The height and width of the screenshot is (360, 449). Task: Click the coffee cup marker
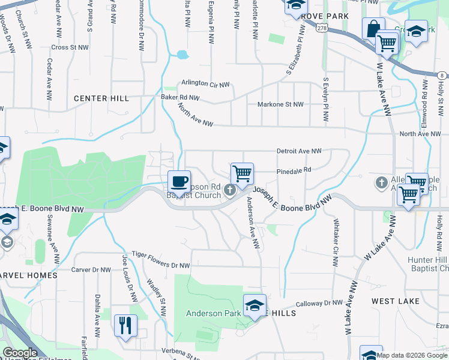pos(179,181)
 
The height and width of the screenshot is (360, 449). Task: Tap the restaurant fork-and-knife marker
pos(125,326)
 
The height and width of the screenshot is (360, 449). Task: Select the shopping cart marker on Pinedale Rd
pos(242,174)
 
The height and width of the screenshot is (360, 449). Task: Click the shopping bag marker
pos(373,28)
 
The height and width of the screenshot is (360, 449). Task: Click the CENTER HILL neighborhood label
pos(101,98)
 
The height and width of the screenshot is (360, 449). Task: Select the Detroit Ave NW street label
pos(299,151)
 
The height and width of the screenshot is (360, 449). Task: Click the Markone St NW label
pos(280,104)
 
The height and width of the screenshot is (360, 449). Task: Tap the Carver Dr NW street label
pos(89,271)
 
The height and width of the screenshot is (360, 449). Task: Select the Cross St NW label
pos(70,47)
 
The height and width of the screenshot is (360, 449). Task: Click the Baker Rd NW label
pos(179,97)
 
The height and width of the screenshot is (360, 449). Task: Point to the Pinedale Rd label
pos(293,170)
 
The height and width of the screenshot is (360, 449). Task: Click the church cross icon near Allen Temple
pos(381,182)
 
